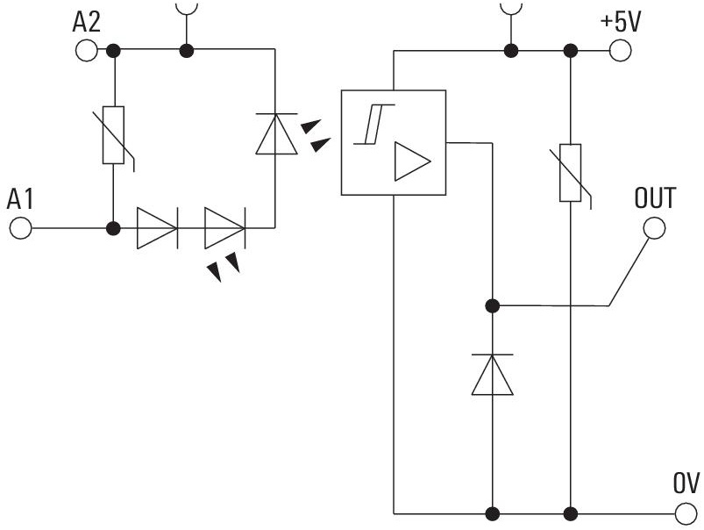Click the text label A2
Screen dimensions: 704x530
86,22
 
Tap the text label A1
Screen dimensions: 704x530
20,199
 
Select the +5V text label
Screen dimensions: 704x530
620,22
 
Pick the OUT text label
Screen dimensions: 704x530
655,197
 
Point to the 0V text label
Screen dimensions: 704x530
686,483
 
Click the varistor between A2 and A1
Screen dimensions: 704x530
114,135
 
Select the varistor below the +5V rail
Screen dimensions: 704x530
570,173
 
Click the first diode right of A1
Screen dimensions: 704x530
157,228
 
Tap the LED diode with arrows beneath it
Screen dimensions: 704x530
224,228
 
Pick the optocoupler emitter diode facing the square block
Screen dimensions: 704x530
276,133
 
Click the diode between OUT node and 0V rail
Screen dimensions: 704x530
493,375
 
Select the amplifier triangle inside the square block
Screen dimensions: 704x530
412,161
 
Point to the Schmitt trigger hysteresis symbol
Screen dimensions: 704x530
374,124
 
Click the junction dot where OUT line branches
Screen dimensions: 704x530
493,306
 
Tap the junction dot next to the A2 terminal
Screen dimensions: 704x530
114,51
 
